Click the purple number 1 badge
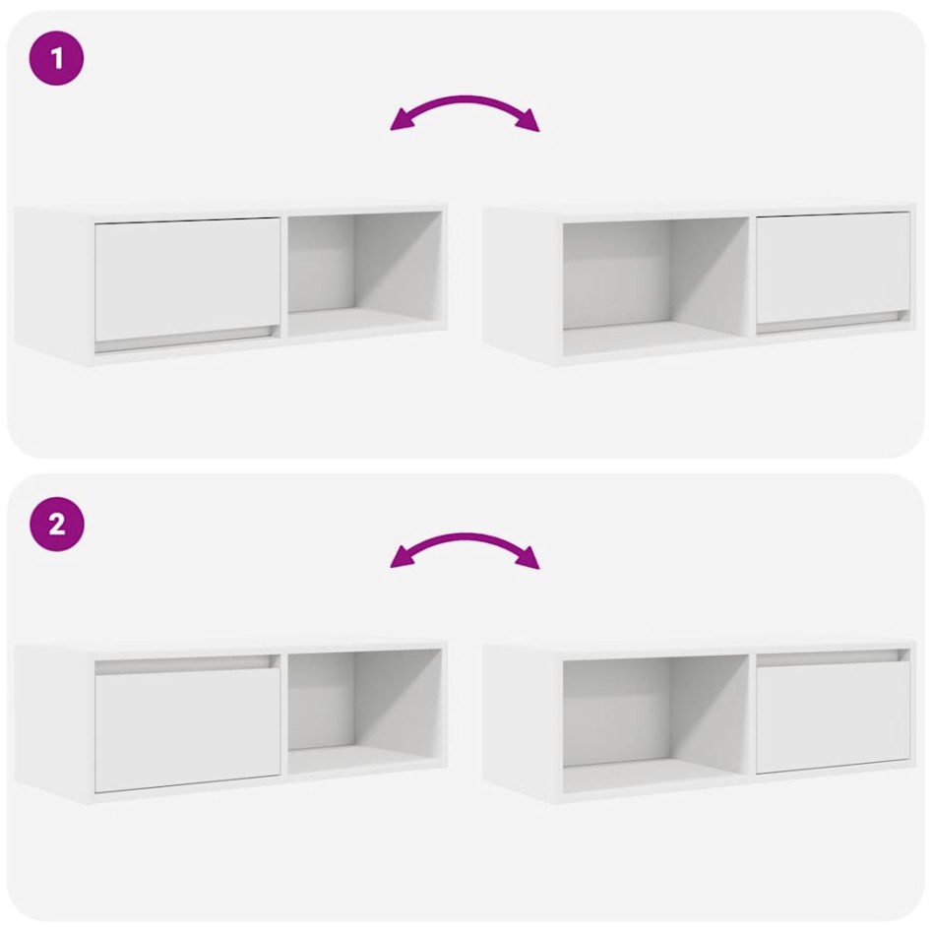(x=56, y=58)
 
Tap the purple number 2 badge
(x=56, y=524)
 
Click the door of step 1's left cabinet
(x=187, y=278)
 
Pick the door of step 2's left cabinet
(x=187, y=729)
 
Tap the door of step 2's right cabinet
(x=833, y=715)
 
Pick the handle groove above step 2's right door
(x=833, y=656)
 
